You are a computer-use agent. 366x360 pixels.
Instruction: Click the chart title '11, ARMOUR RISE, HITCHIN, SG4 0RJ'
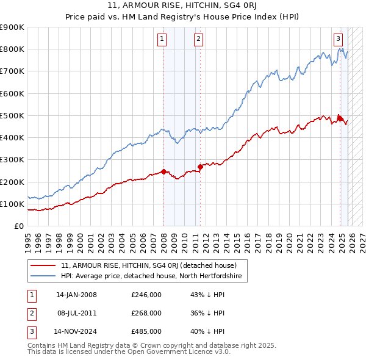(x=183, y=5)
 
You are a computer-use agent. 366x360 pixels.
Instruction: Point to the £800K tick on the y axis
(x=12, y=49)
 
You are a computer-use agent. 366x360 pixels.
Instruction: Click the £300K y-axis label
(x=12, y=160)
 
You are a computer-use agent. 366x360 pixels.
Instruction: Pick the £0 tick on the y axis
(x=18, y=226)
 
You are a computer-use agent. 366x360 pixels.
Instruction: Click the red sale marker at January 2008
(x=163, y=171)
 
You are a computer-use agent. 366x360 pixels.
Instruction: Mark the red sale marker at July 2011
(x=200, y=167)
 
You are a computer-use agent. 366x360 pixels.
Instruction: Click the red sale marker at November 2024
(x=339, y=117)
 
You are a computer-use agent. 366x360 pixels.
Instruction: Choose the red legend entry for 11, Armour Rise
(x=152, y=265)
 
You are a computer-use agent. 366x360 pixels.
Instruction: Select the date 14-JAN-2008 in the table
(x=76, y=295)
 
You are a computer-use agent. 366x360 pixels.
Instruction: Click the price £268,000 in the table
(x=146, y=313)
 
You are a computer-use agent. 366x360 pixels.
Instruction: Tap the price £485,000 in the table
(x=146, y=331)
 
